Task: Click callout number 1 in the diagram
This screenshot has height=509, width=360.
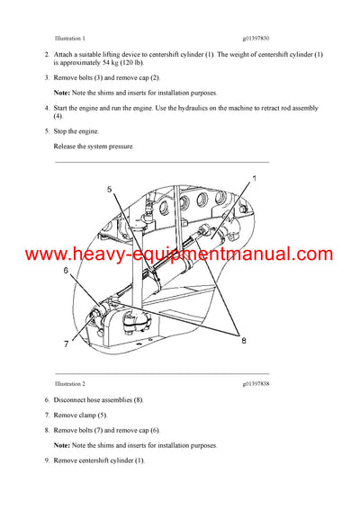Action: pyautogui.click(x=254, y=180)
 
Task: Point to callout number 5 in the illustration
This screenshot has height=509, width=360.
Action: pyautogui.click(x=109, y=190)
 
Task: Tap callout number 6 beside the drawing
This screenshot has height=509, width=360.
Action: pyautogui.click(x=66, y=270)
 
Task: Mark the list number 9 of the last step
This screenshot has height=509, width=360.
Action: pyautogui.click(x=46, y=460)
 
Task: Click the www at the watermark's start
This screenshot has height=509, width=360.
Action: pyautogui.click(x=30, y=255)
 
